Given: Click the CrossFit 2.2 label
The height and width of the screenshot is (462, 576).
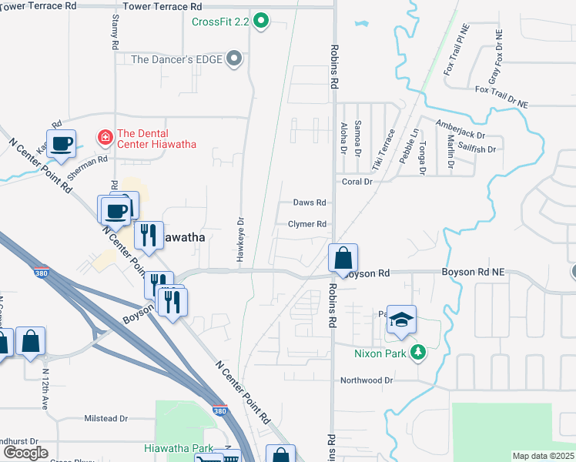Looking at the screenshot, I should tap(220, 22).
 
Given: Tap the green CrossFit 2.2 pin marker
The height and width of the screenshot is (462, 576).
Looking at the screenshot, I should tap(261, 22).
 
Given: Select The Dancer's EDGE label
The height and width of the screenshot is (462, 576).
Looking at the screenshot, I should tap(176, 59).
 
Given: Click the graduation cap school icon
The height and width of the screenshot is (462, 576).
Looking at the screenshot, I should tap(400, 320).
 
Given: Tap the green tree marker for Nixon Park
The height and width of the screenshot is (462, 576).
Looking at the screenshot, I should tap(418, 353).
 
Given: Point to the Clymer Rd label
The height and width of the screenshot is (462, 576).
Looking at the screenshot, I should tap(307, 224).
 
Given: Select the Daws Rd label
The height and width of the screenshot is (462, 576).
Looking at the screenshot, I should tap(310, 203).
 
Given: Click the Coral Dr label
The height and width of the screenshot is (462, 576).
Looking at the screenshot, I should tap(357, 182).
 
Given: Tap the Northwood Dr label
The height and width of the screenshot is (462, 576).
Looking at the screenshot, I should tap(367, 380).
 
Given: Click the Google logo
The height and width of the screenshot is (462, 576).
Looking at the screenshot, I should tap(25, 453).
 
